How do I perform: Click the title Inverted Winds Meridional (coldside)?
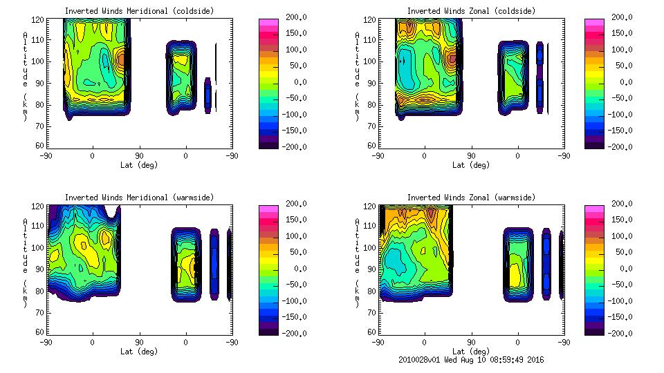pos(140,11)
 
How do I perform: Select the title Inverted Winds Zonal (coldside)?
pos(471,11)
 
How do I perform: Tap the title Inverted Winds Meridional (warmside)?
pos(140,198)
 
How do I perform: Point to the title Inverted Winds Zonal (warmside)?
pos(471,198)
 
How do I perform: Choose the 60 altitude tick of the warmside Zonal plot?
pos(367,331)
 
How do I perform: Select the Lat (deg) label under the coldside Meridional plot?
pos(140,164)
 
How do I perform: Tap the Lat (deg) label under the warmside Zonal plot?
pos(471,351)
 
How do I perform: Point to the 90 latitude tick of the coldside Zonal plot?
pos(471,155)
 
